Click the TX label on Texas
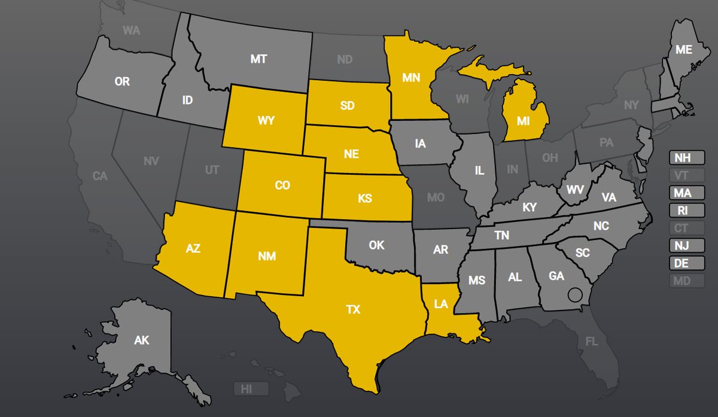pos(353,309)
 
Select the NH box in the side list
pos(686,158)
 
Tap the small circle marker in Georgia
pos(575,294)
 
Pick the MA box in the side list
pos(686,193)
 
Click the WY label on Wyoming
pos(266,120)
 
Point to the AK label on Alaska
pos(142,340)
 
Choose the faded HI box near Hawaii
pos(247,389)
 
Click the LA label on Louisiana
pos(442,304)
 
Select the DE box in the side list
pos(686,263)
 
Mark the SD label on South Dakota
pos(347,105)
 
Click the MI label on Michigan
pos(524,121)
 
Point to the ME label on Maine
pos(684,50)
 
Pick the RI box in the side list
pos(686,211)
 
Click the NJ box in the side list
pos(686,245)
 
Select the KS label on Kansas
pos(365,198)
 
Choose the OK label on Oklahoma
pos(376,245)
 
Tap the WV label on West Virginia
pos(576,190)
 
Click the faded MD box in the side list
pos(686,280)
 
